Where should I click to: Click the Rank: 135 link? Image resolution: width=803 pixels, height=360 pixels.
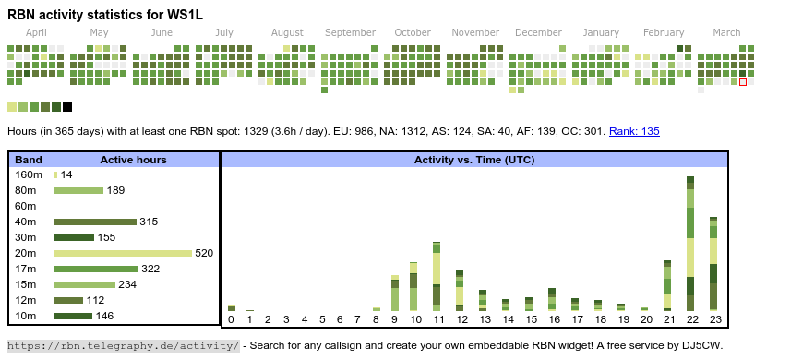pos(634,131)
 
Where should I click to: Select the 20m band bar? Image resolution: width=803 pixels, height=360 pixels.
pos(123,253)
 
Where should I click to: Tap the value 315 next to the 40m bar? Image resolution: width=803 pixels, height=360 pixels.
pos(149,222)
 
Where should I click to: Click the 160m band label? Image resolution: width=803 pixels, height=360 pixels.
pos(29,174)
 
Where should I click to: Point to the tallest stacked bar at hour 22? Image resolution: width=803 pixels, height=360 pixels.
pos(690,244)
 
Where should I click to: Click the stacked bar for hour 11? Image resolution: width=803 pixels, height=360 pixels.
pos(437,277)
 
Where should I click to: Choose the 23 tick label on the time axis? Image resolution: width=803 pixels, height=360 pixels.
pos(715,319)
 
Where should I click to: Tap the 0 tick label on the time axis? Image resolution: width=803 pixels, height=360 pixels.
pos(231,319)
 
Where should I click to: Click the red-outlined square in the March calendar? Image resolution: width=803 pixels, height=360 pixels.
pos(743,82)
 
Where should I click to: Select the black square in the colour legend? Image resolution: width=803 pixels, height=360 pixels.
pos(67,107)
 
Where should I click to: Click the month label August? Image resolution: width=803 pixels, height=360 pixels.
pos(287,33)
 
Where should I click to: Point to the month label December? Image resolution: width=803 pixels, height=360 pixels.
pos(538,33)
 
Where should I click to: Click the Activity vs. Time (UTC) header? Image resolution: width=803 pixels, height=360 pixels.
pos(474,160)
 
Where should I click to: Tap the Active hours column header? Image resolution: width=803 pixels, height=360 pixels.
pos(133,160)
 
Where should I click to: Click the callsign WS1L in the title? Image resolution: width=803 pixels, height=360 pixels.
pos(187,15)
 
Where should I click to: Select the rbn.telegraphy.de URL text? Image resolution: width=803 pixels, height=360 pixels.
pos(123,345)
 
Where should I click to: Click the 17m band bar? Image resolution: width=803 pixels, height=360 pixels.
pos(96,269)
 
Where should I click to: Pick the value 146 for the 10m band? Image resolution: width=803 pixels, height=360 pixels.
pos(104,316)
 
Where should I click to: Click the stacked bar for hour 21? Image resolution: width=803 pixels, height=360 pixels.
pos(667,286)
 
